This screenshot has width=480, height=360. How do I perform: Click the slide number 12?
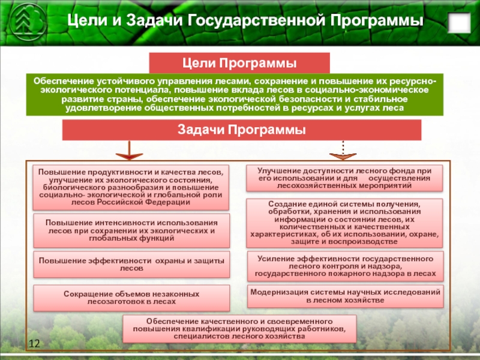pos(34,343)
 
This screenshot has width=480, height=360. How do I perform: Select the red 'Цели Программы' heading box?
pos(239,62)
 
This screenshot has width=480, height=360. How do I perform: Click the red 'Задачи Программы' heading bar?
pos(242,130)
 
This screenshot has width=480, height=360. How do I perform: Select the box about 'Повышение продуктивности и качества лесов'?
pos(131,187)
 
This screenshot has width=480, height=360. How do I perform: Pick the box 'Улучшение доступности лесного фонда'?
pos(344,178)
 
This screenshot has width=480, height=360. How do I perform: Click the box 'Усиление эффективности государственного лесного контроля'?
pos(344,266)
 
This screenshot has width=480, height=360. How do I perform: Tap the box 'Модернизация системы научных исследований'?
pos(344,295)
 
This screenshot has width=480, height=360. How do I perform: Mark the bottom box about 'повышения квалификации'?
pos(239,329)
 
